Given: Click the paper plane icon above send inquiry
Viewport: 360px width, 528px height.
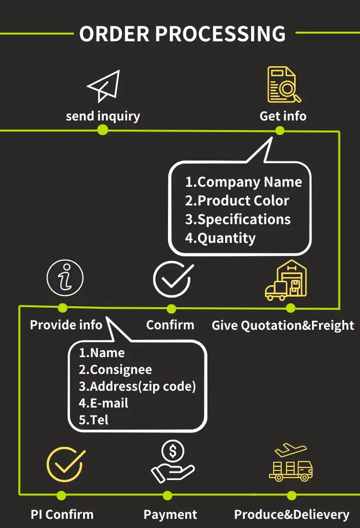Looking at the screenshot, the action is tap(103, 86).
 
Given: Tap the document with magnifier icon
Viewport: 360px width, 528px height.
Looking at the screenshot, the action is tap(283, 85).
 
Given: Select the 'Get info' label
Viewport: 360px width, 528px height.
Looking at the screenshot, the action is tap(283, 116).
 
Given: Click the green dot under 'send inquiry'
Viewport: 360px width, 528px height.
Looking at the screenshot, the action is tap(102, 130).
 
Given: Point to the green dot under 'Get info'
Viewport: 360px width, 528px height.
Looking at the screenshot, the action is tap(280, 130).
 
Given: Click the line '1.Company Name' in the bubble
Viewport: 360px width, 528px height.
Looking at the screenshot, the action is tap(243, 182).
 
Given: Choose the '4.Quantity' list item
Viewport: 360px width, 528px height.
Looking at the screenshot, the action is tap(220, 238).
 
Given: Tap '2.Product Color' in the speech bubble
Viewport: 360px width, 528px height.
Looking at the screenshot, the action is tap(237, 201).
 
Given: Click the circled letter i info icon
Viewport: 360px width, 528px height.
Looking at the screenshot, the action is tap(65, 278).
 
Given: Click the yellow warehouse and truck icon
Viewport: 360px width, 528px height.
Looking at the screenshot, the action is tap(286, 280).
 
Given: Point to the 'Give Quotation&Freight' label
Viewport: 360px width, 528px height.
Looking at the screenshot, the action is tap(283, 325).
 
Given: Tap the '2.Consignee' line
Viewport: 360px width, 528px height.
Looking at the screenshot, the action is tap(115, 370).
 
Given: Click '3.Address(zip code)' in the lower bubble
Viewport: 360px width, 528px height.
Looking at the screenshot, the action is tap(137, 386).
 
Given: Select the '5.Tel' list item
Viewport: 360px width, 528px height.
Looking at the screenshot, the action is tap(94, 420).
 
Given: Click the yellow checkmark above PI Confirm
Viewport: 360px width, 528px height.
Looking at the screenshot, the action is tap(65, 464).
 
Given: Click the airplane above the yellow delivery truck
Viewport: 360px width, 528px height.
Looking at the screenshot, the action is tap(289, 451).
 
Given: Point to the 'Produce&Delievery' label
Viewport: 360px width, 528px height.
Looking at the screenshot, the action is tap(291, 515).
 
